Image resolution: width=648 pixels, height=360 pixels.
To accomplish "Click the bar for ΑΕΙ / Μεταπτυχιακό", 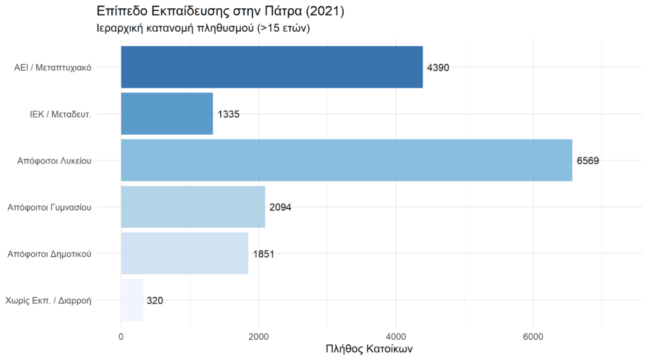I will [271, 67].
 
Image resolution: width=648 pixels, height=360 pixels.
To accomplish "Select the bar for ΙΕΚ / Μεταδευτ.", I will [166, 114].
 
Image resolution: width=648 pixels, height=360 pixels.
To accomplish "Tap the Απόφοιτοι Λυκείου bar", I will [346, 160].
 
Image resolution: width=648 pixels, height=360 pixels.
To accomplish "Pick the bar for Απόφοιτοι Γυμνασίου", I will [193, 207].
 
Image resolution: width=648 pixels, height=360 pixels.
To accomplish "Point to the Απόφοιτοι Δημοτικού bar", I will [184, 254].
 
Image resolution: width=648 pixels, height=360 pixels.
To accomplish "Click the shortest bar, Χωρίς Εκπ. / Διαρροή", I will [132, 300].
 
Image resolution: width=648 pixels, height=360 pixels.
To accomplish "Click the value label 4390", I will [438, 68].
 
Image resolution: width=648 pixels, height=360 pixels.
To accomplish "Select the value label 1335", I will [228, 115].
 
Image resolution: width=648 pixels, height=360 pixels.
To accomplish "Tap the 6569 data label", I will [587, 161].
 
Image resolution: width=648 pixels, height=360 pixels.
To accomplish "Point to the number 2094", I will [280, 208].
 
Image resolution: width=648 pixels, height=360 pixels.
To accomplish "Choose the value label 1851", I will [263, 254].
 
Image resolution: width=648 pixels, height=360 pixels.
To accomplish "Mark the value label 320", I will [154, 301].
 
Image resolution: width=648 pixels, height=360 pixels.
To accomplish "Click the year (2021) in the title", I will [323, 11].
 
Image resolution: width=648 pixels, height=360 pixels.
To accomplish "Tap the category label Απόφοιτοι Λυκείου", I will [54, 161].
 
